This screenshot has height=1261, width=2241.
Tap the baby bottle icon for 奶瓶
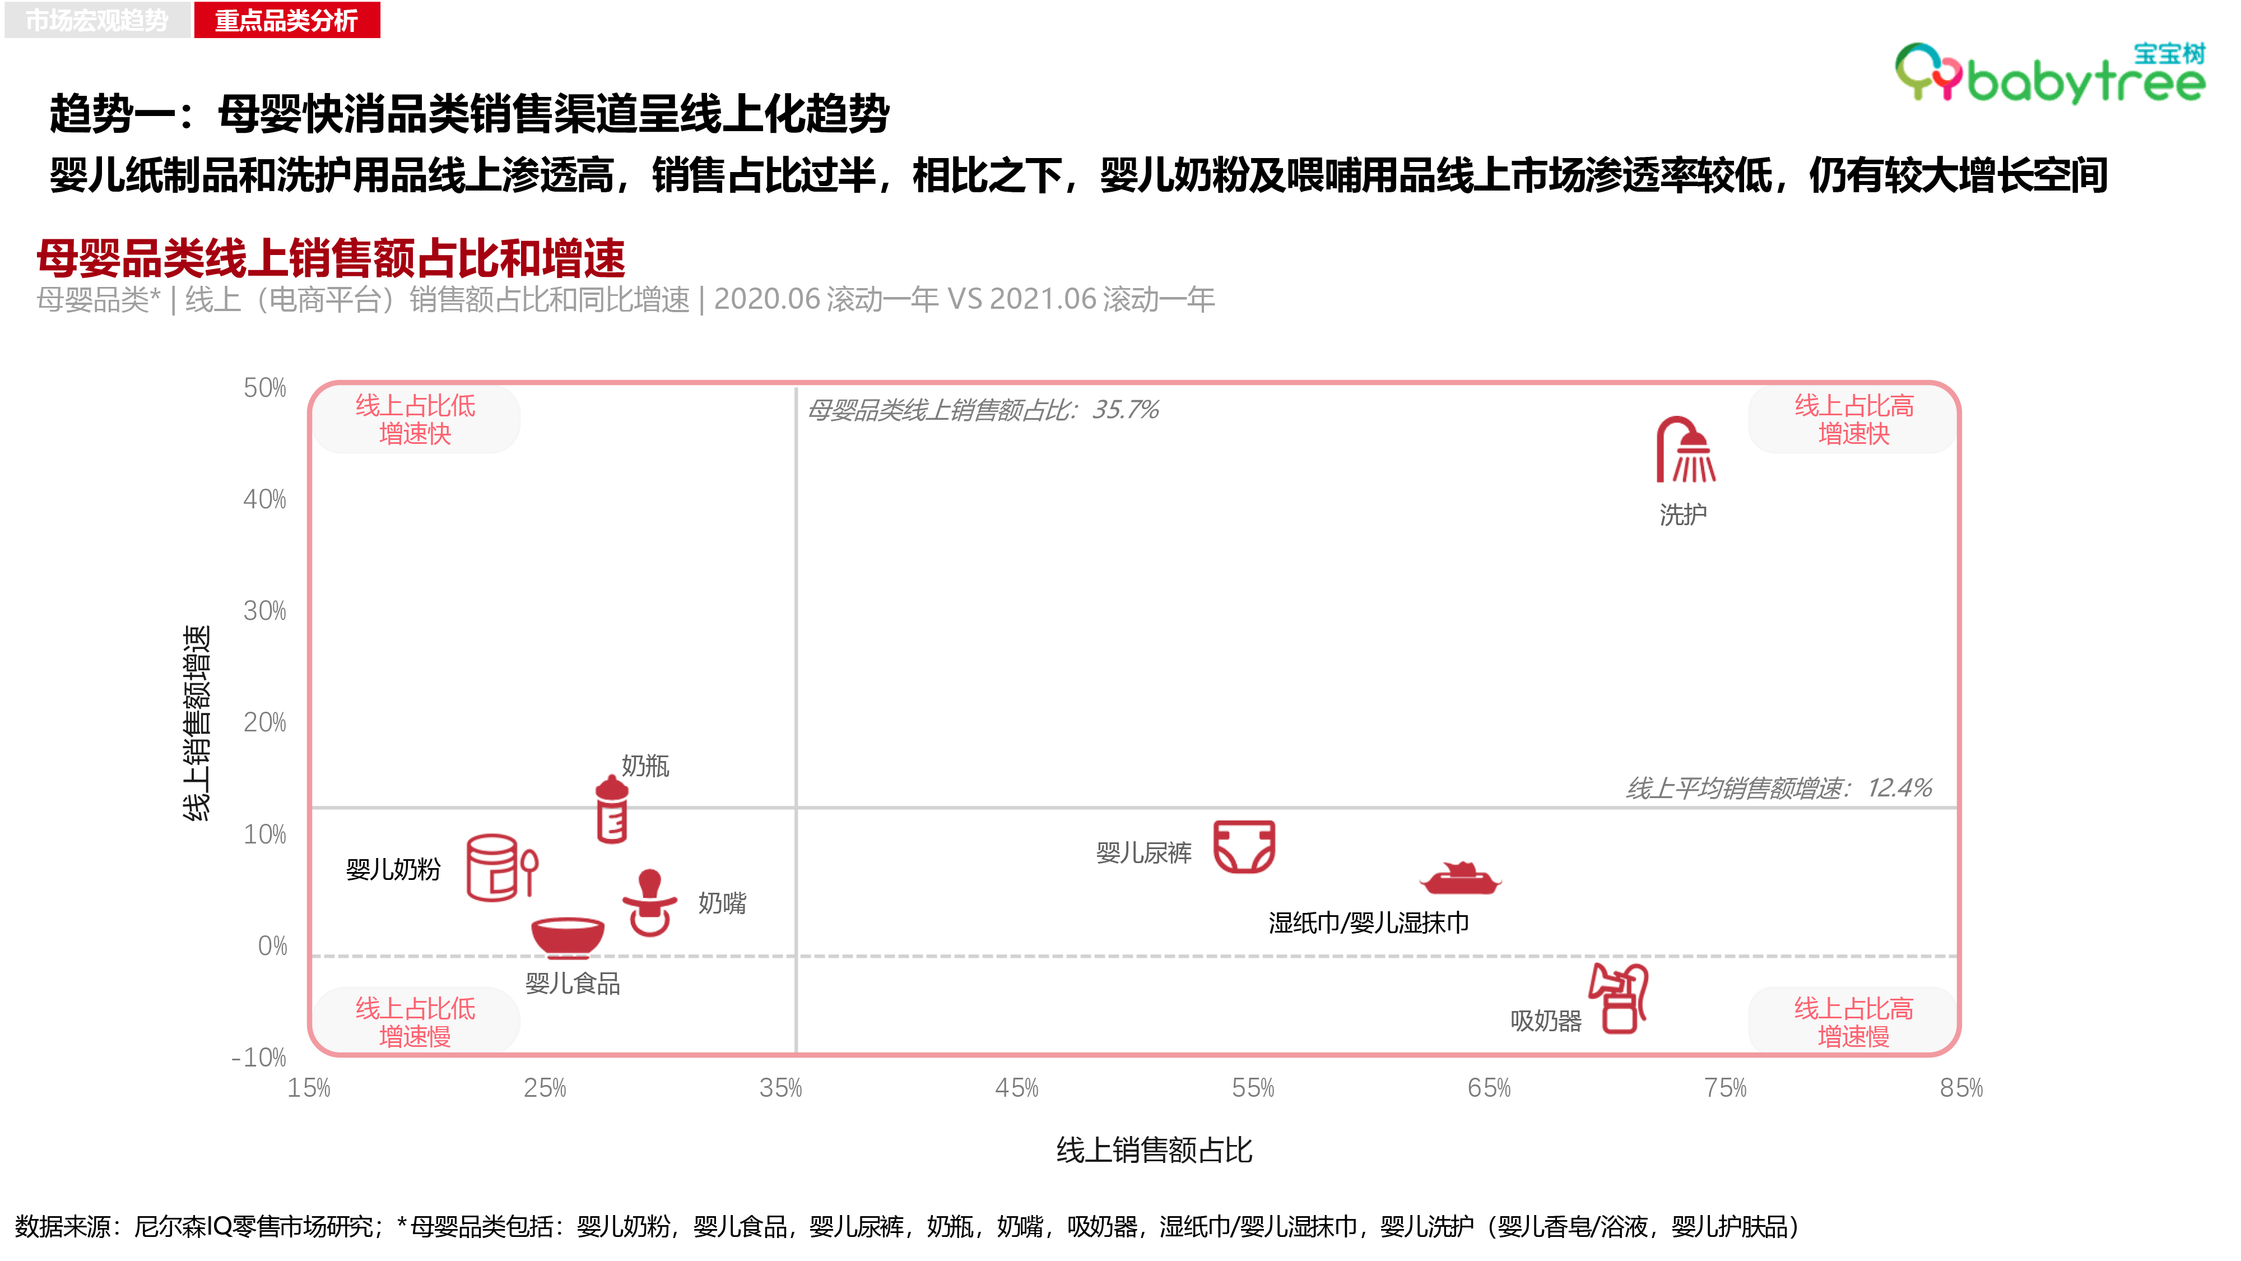[612, 809]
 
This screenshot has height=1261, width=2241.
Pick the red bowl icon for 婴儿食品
[567, 937]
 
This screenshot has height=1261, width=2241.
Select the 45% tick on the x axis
[1017, 1088]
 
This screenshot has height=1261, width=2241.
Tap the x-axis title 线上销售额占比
[1155, 1151]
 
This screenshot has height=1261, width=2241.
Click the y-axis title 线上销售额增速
[197, 722]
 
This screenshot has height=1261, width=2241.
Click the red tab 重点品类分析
[287, 19]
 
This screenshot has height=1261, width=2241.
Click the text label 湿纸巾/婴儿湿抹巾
[1369, 922]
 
